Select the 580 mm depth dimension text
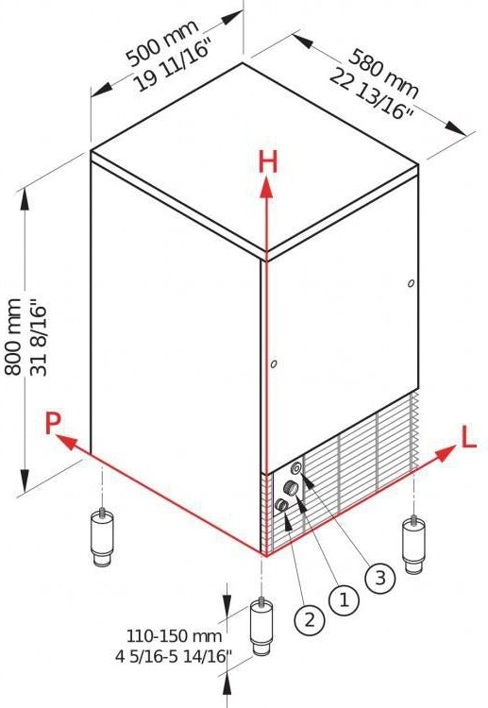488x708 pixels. (x=384, y=74)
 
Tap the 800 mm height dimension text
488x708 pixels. (x=13, y=336)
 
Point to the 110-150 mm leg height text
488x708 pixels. (x=174, y=636)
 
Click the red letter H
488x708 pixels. (x=268, y=161)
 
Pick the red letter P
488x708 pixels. (x=53, y=423)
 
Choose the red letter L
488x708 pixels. (x=469, y=437)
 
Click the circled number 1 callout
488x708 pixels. (x=345, y=600)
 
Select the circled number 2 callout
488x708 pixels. (x=310, y=619)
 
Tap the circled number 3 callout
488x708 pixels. (x=380, y=578)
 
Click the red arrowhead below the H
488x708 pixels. (x=267, y=188)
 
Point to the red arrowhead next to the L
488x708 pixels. (x=446, y=453)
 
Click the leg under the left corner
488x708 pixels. (x=102, y=538)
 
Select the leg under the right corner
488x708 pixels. (x=413, y=545)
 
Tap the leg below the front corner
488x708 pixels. (x=261, y=627)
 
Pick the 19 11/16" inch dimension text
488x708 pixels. (x=174, y=66)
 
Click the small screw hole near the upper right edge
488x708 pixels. (x=411, y=283)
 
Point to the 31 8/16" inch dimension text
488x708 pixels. (x=38, y=341)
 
